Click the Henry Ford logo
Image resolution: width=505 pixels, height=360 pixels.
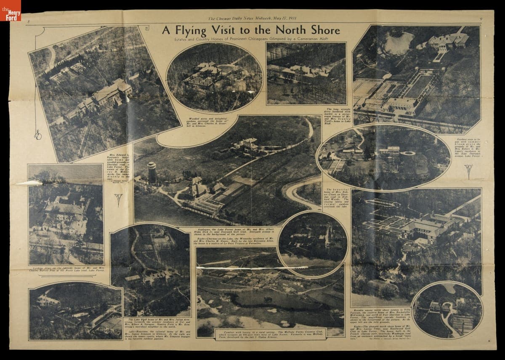10,10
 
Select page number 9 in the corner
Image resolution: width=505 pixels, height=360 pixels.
481,19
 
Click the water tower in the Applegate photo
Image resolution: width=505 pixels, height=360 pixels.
152,173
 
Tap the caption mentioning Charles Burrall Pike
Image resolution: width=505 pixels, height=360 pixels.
64,269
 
